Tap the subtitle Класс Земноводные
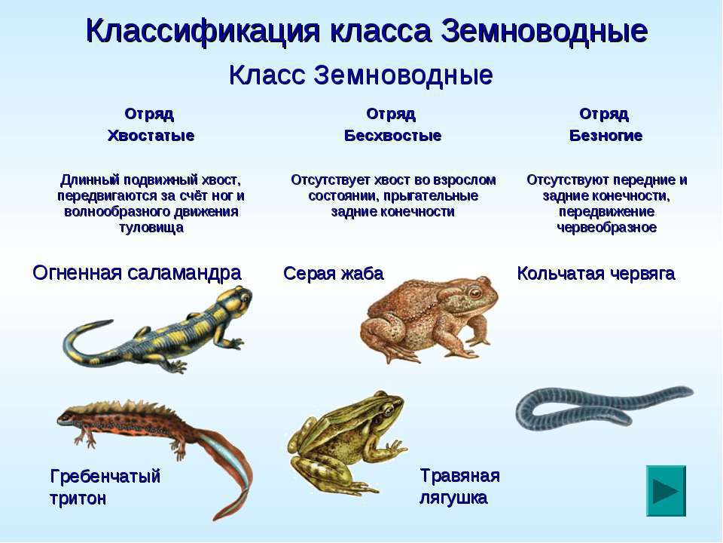pos(361,75)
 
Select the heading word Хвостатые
pos(151,135)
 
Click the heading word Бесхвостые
pos(392,135)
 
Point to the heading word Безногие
pos(606,135)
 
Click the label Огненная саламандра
pos(137,272)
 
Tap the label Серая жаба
pos(334,273)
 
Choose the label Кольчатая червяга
pos(596,273)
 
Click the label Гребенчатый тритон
pos(105,487)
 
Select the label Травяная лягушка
pos(459,486)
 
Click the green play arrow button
pos(666,490)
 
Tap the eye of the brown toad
pos(474,293)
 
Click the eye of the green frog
pos(389,410)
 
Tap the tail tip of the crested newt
pos(215,517)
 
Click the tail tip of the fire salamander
pos(110,321)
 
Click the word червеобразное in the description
pos(606,227)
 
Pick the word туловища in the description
pos(151,227)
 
